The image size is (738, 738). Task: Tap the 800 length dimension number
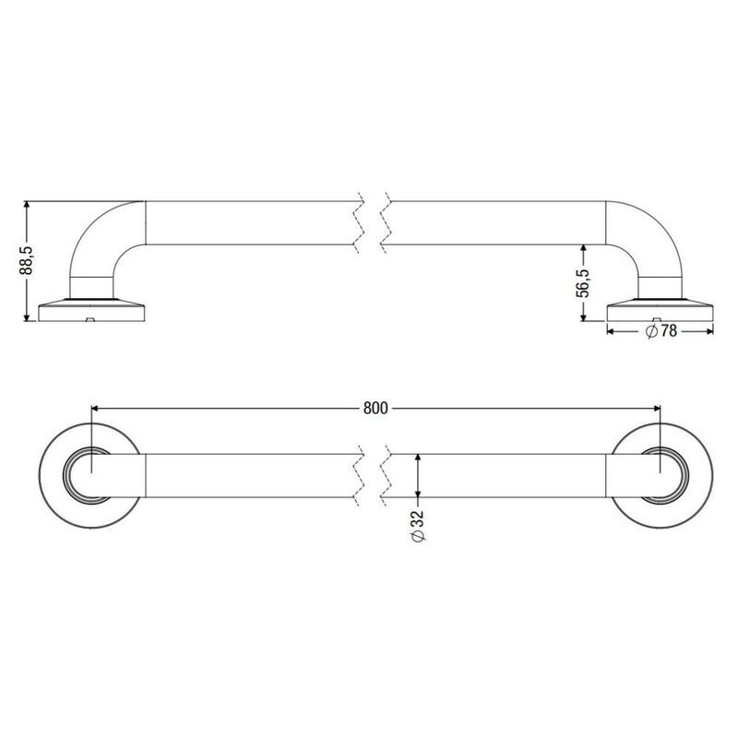point(375,407)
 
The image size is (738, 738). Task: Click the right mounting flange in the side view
point(661,309)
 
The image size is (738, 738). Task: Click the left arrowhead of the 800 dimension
point(95,407)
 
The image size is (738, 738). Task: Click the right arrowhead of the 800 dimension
point(656,407)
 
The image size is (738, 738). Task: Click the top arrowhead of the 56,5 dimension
point(583,248)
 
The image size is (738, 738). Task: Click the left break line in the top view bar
point(358,477)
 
